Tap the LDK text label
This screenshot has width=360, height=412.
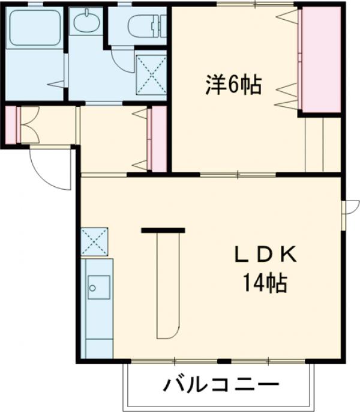point(265,256)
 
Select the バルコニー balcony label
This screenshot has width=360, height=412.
point(220,384)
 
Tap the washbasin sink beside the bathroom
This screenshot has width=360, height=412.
point(86,24)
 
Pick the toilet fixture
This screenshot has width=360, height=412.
point(144,25)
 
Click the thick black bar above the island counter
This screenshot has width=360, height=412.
point(163,229)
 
